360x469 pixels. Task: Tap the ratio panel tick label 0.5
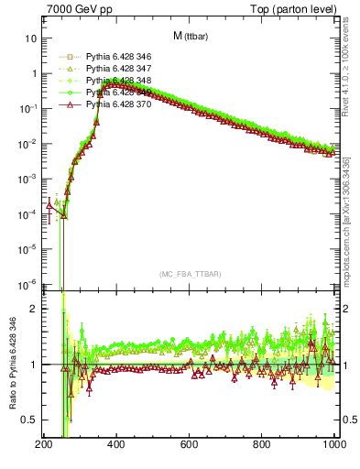pyautogui.click(x=28, y=420)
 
